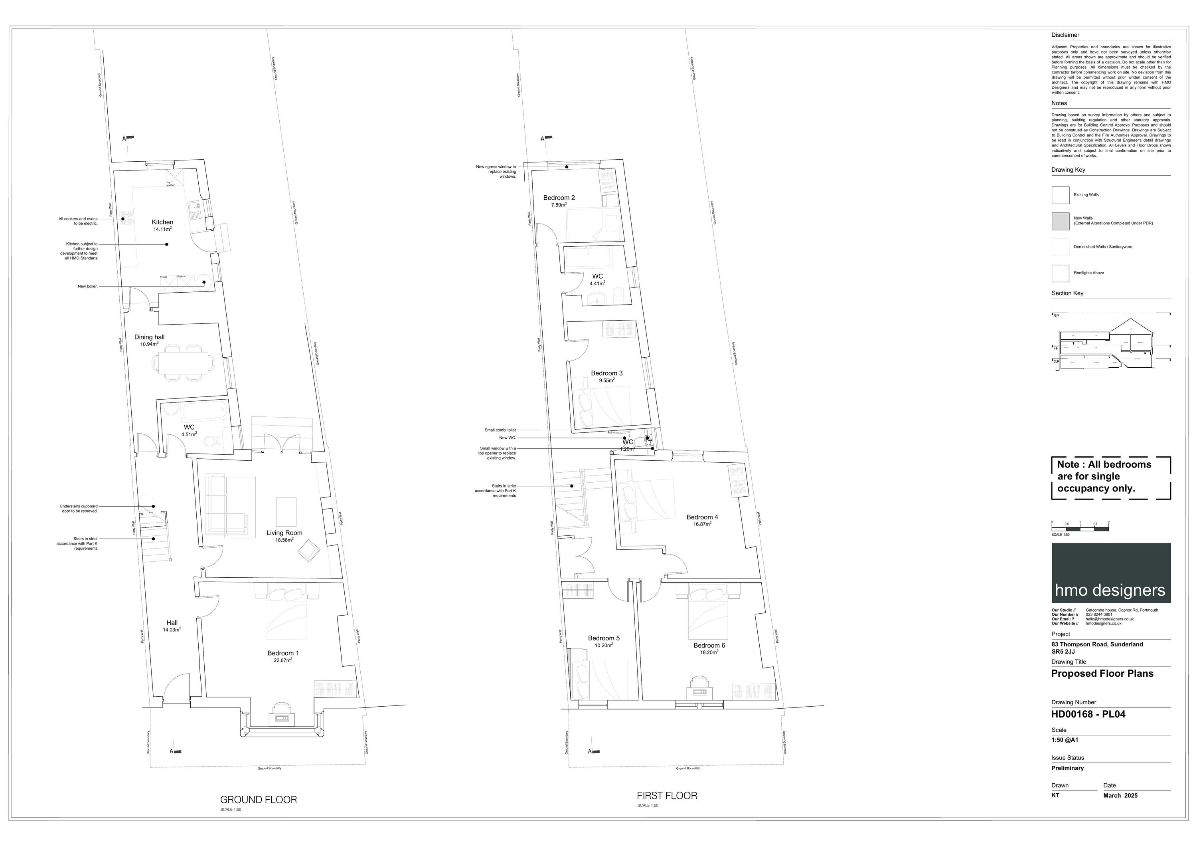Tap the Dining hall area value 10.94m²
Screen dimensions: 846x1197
tap(149, 344)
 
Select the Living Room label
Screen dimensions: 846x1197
tap(284, 533)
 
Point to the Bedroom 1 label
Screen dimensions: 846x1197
tap(283, 653)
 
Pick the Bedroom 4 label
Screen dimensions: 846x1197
tap(702, 517)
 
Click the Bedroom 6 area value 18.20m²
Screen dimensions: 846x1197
tap(709, 652)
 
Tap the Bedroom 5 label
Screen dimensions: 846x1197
tap(604, 638)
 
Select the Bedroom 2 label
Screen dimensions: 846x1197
tap(559, 198)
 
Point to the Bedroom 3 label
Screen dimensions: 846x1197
tap(606, 373)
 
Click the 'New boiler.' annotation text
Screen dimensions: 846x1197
tap(88, 286)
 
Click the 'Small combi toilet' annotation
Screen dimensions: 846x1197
tap(500, 430)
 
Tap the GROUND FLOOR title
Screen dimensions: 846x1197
tap(259, 800)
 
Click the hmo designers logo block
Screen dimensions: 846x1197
tap(1111, 573)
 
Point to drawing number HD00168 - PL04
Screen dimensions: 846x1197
tap(1088, 715)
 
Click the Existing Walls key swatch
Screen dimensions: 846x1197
tap(1061, 195)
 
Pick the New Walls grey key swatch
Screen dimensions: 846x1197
tap(1061, 221)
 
